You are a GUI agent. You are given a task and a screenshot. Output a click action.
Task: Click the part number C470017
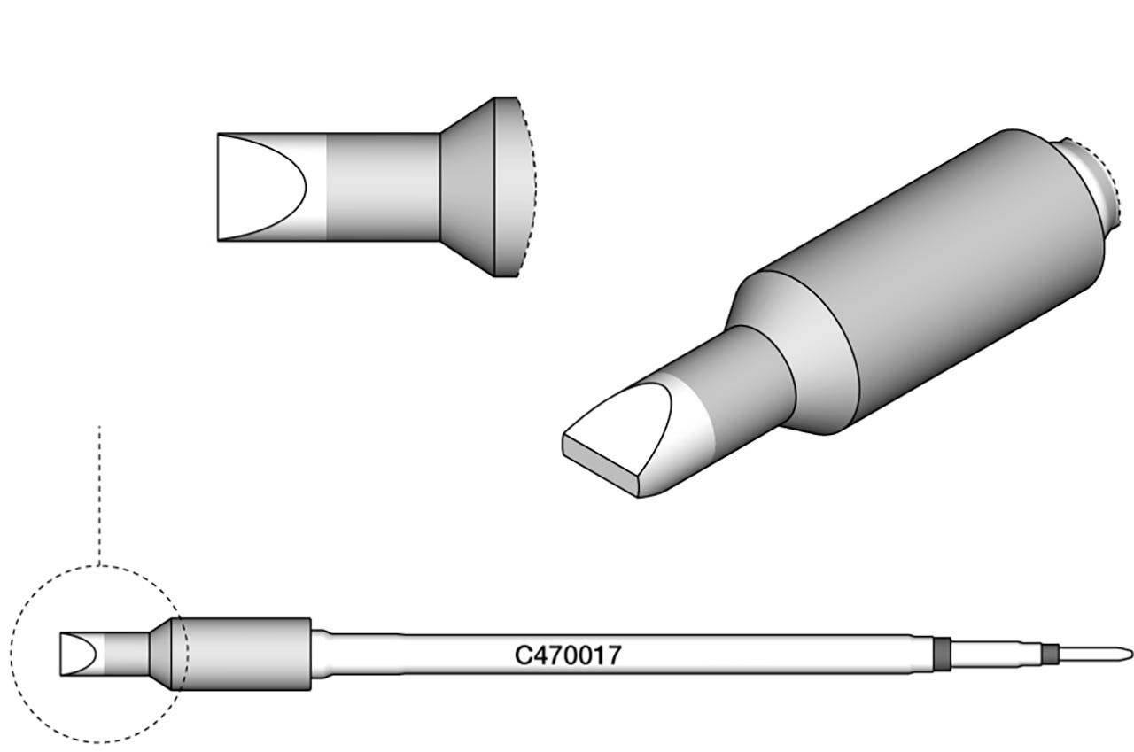pos(568,655)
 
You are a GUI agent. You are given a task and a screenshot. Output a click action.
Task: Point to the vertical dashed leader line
pos(99,496)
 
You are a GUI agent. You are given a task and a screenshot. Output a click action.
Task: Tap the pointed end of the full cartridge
pos(1126,655)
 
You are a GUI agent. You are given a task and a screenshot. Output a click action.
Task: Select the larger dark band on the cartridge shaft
pos(943,653)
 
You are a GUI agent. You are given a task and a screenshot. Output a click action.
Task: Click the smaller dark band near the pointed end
pos(1050,655)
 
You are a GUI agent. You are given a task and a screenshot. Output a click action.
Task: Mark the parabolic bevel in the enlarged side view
pos(266,187)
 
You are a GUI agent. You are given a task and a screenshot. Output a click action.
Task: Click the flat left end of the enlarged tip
pos(218,187)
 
